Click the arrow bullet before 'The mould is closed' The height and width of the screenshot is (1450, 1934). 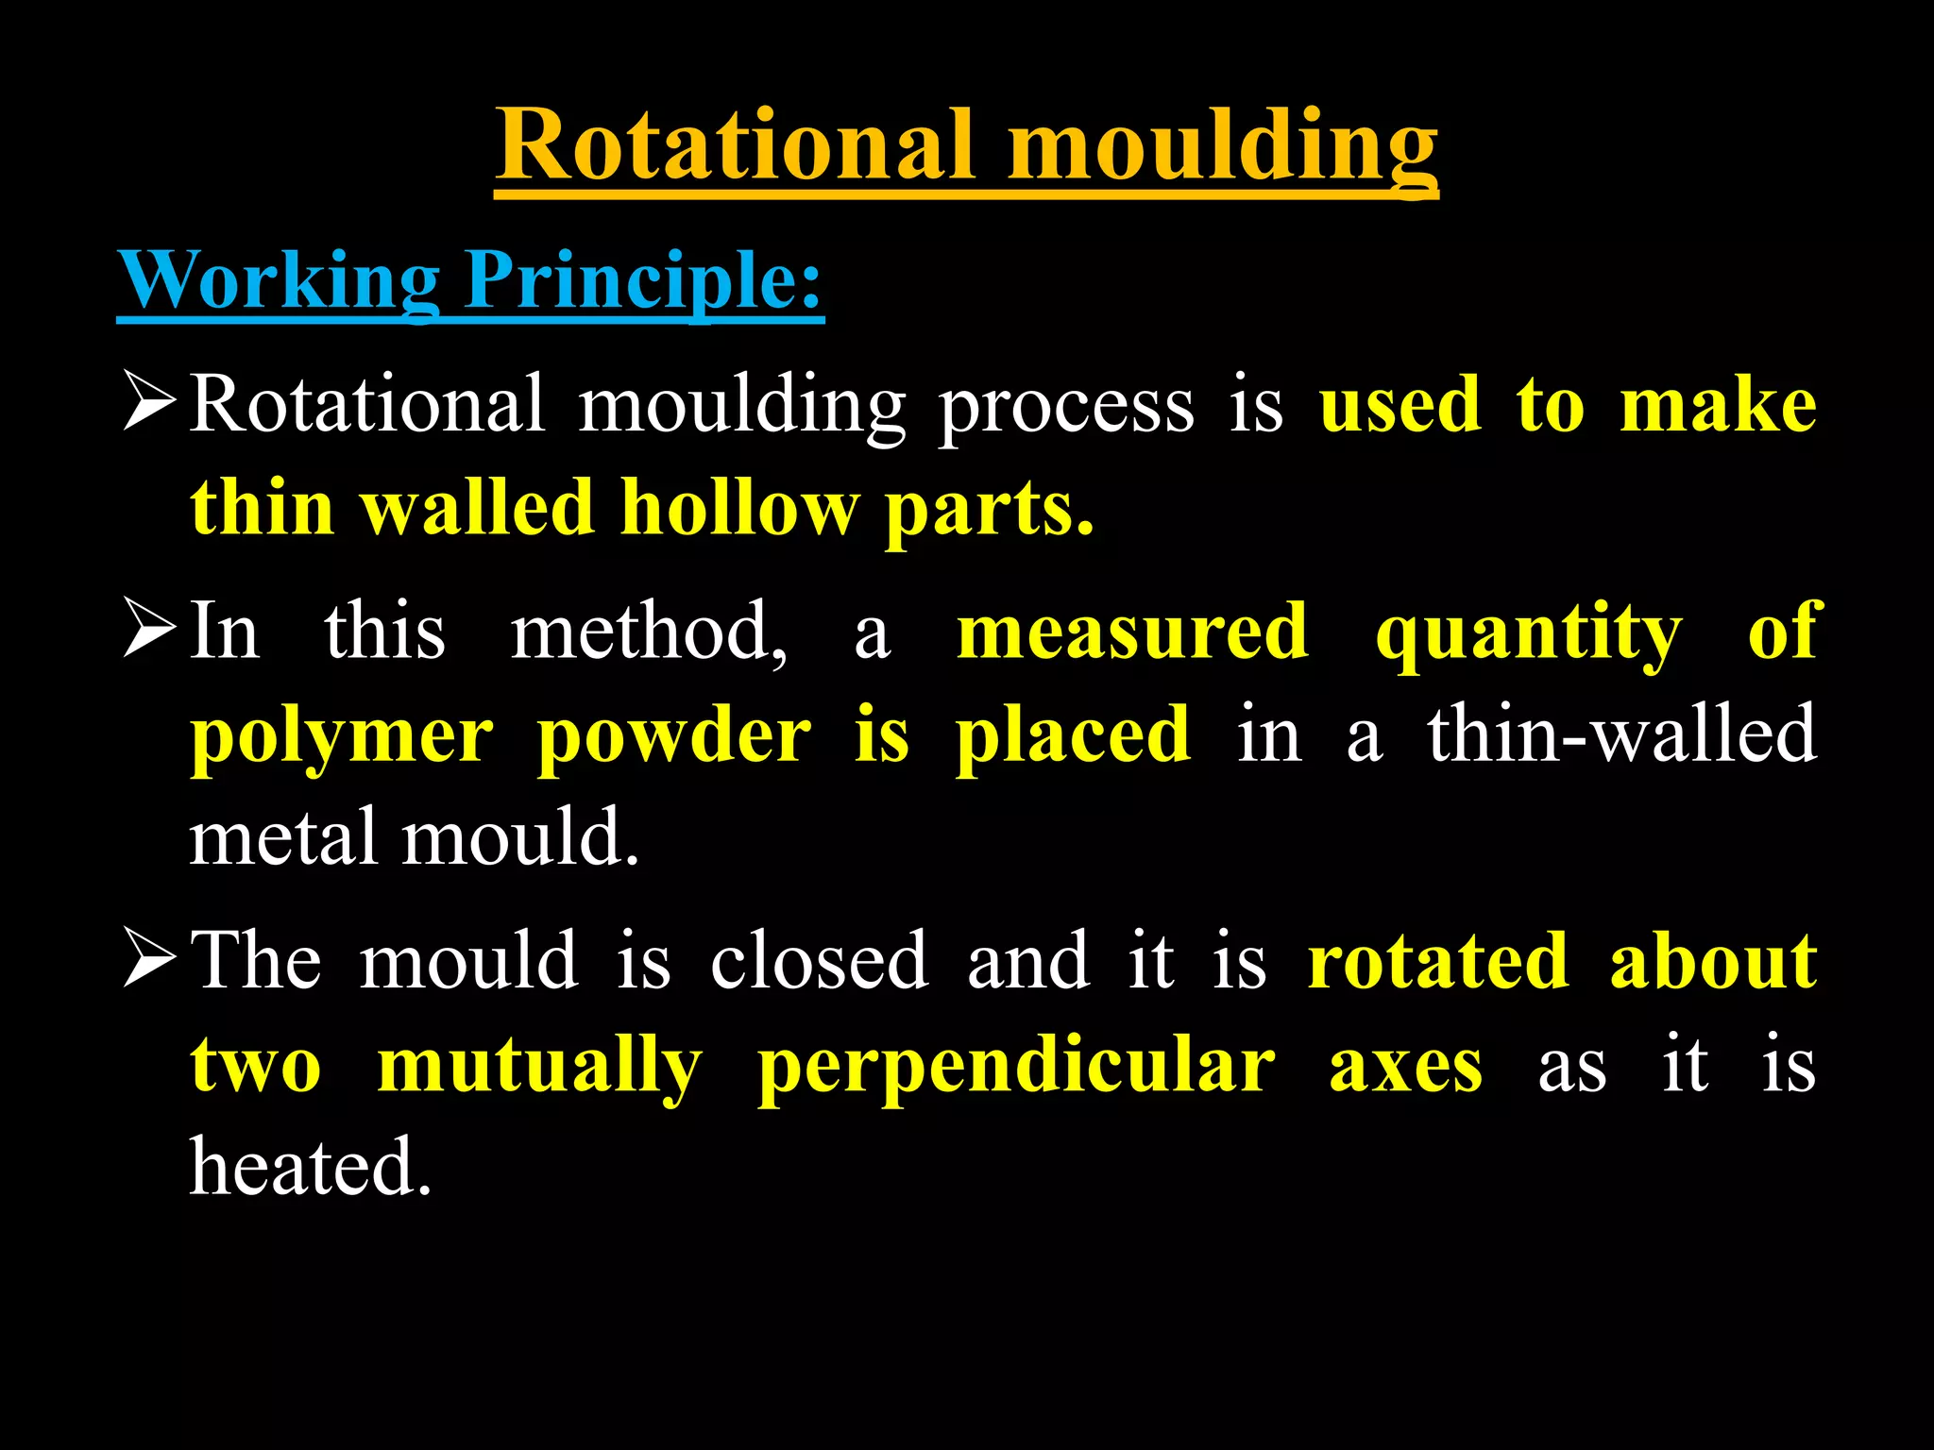(x=150, y=959)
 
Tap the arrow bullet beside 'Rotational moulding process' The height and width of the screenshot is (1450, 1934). (x=150, y=403)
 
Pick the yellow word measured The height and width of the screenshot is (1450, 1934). (x=1133, y=631)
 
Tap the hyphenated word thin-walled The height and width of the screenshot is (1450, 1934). (x=1621, y=733)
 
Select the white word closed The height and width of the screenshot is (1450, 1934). (x=819, y=960)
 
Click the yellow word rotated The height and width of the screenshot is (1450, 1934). (x=1438, y=960)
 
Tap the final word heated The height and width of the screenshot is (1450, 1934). (x=310, y=1167)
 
